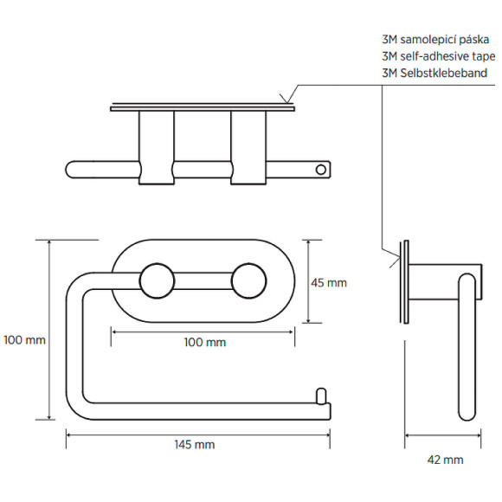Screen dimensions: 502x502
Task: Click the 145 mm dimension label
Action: pyautogui.click(x=195, y=445)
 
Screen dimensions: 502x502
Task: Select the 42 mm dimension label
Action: pyautogui.click(x=446, y=460)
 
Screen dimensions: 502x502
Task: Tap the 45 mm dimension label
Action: pyautogui.click(x=329, y=283)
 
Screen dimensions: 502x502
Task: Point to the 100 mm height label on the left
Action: pyautogui.click(x=24, y=340)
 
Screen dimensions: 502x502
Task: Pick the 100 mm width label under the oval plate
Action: pyautogui.click(x=205, y=343)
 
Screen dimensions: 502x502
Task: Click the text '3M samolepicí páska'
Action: pyautogui.click(x=435, y=40)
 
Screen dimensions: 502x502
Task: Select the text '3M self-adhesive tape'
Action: pyautogui.click(x=439, y=56)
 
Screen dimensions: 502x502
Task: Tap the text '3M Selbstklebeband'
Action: pyautogui.click(x=434, y=73)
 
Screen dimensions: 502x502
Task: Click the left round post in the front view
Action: pyautogui.click(x=158, y=281)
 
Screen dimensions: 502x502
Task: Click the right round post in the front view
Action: pyautogui.click(x=248, y=281)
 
